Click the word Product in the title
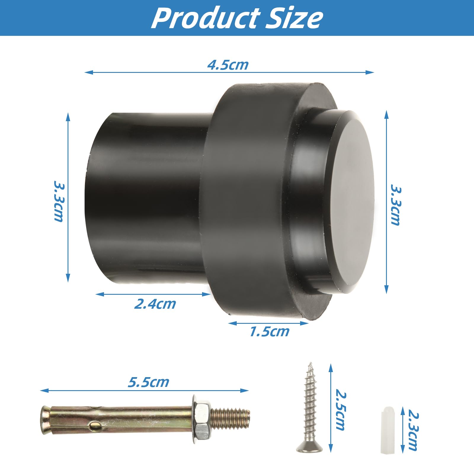point(206,18)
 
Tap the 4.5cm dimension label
point(228,65)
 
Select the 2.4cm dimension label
point(155,304)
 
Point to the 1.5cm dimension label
point(269,332)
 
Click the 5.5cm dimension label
point(148,382)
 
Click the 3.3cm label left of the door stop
point(59,201)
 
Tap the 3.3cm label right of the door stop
point(395,205)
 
